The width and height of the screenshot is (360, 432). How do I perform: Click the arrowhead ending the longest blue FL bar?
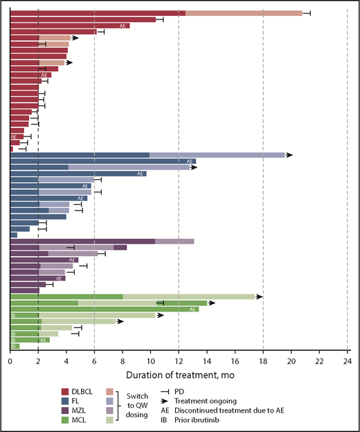[289, 155]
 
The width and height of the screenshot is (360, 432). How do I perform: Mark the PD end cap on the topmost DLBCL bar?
[309, 13]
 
